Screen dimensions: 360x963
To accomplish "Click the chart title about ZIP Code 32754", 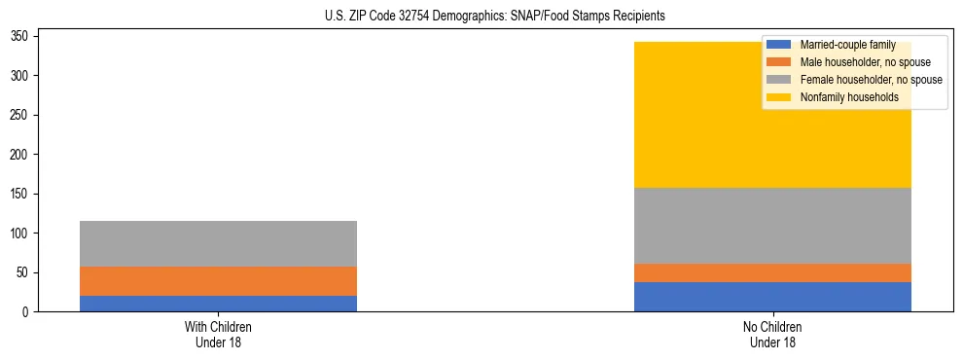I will coord(495,17).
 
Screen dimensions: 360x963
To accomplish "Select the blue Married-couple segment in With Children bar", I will coord(218,304).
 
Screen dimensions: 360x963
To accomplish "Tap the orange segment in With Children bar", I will coord(218,281).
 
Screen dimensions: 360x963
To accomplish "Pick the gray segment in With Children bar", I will coord(218,243).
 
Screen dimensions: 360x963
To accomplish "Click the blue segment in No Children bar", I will coord(772,297).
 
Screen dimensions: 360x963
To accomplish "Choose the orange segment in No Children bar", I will coord(772,272).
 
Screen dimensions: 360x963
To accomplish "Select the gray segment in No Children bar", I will coord(772,226).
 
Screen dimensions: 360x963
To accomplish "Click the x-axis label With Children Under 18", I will coord(218,334).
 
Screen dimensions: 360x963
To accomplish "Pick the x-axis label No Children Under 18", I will coord(772,334).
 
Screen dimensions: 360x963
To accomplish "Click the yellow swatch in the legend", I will coord(779,97).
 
